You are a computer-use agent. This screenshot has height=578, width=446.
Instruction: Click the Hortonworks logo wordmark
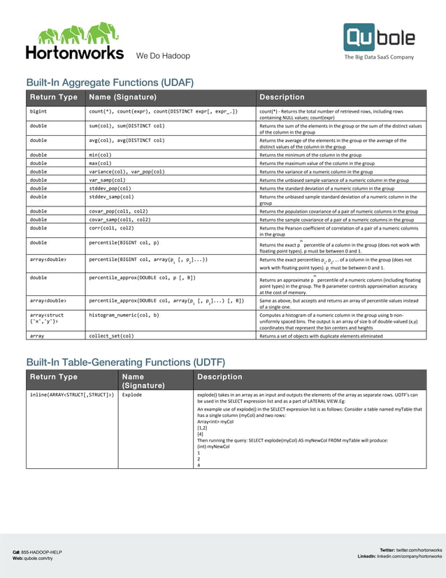coord(74,52)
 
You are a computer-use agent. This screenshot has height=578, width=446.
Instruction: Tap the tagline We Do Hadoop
coord(162,56)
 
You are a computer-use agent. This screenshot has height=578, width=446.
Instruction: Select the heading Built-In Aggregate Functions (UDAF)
coord(109,83)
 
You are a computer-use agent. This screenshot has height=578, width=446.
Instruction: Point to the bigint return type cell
coord(38,111)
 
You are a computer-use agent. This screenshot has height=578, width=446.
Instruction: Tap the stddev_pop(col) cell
coord(110,188)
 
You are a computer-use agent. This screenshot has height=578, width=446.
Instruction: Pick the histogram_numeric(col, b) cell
coord(124,315)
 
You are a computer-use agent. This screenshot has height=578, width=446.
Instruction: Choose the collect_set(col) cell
coord(111,336)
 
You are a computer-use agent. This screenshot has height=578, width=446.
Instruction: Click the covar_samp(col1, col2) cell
coord(119,219)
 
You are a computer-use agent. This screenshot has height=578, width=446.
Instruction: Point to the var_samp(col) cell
coord(107,179)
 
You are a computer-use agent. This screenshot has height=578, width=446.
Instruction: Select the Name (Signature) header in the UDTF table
coord(143,381)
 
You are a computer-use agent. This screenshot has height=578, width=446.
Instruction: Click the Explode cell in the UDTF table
coord(133,395)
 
